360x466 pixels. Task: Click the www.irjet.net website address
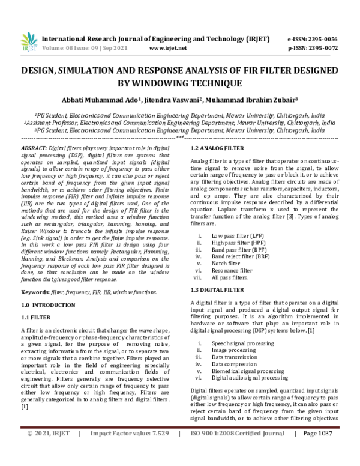[x=168, y=47]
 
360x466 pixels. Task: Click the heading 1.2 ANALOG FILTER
[x=217, y=148]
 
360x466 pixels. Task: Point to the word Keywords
[x=35, y=292]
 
